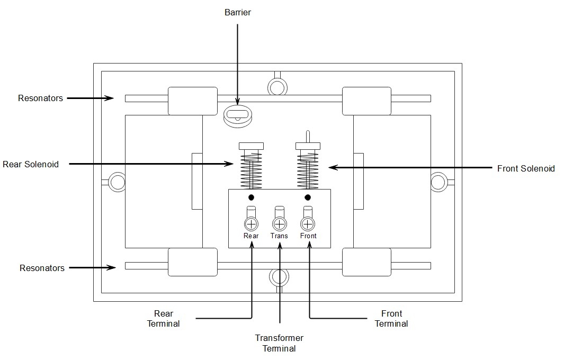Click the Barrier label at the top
[237, 13]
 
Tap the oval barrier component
[237, 115]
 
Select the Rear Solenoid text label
[31, 164]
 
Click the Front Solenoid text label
[525, 168]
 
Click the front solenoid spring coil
[308, 172]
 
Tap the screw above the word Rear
[251, 223]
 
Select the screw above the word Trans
[279, 223]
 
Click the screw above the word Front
[308, 223]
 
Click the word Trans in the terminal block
[279, 236]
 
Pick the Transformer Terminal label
[279, 343]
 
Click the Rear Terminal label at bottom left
[163, 319]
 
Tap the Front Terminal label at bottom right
[391, 319]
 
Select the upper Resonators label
[40, 98]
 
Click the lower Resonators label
[42, 268]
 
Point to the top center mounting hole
[276, 86]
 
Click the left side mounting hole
[117, 183]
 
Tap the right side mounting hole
[438, 182]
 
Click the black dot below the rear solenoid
[251, 197]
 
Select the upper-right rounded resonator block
[366, 101]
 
